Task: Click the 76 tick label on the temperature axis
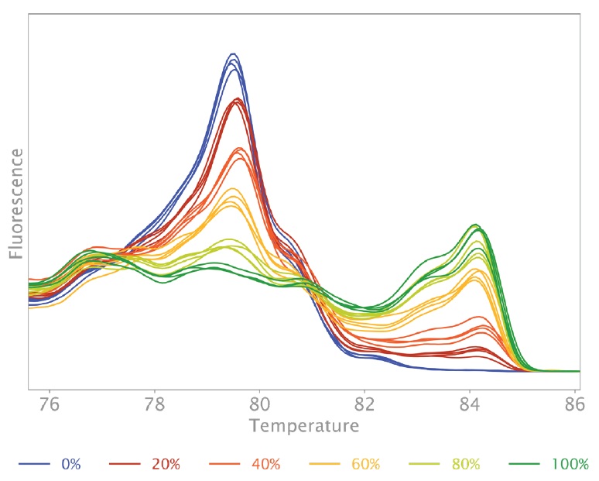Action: point(50,404)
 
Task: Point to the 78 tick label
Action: point(154,404)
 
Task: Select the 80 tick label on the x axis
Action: point(259,404)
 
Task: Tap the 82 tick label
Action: point(365,404)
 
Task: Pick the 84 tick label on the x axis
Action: point(470,404)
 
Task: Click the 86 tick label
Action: point(574,404)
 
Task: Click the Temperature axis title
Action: point(304,426)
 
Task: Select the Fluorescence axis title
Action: point(16,204)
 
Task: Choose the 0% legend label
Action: point(71,464)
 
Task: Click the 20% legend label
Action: point(166,464)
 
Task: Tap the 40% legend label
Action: point(266,464)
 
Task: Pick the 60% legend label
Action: point(365,464)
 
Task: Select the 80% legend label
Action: point(466,464)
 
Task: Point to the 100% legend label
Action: point(570,464)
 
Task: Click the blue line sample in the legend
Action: point(34,464)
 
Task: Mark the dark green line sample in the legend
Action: point(525,464)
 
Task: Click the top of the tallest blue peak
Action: point(233,53)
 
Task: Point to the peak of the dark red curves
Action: point(238,98)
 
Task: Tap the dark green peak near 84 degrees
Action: point(475,225)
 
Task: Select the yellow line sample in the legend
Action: point(324,464)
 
